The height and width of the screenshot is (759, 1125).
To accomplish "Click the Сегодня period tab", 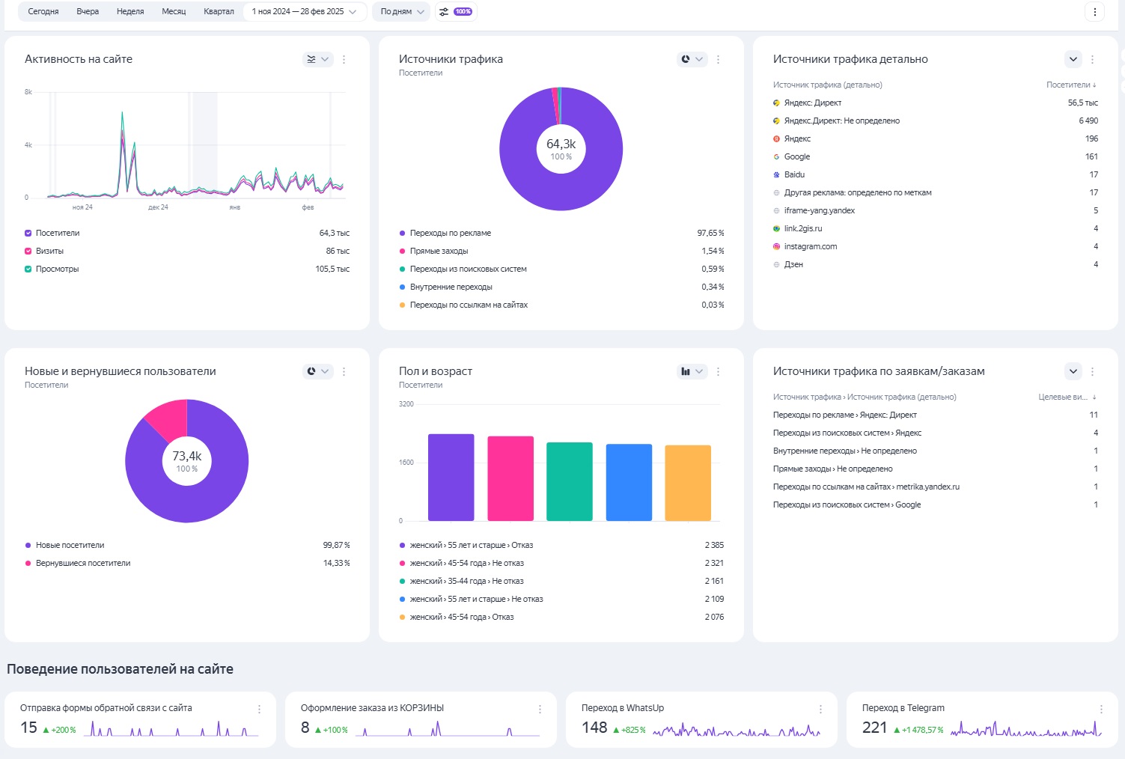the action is (43, 11).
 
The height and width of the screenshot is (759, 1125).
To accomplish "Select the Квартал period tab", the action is (219, 11).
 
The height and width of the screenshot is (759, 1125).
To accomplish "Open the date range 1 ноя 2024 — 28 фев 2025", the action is (304, 11).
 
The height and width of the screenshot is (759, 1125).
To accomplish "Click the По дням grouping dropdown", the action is (401, 11).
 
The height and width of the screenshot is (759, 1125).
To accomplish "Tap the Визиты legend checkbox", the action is (28, 251).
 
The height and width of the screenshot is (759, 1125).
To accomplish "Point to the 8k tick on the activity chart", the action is (28, 92).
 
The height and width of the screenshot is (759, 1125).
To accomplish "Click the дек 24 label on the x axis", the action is (158, 207).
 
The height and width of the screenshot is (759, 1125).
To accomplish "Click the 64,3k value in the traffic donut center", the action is (561, 144).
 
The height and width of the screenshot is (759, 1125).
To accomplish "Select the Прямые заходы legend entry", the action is (439, 251).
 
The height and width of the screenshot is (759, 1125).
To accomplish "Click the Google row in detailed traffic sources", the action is (797, 156).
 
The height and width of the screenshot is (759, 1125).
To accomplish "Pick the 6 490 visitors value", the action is (1088, 121).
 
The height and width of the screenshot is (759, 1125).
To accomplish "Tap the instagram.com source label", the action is (811, 246).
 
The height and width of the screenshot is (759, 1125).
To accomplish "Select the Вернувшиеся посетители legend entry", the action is (83, 563).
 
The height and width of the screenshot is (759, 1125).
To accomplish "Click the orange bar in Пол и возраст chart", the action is (688, 483).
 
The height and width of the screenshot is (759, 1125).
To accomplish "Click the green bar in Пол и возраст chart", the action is (570, 481).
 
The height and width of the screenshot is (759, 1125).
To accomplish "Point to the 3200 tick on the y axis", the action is (406, 404).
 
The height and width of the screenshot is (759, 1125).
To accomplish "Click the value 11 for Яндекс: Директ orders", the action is (1094, 415).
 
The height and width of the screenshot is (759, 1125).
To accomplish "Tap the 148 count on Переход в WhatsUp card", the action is (594, 728).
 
